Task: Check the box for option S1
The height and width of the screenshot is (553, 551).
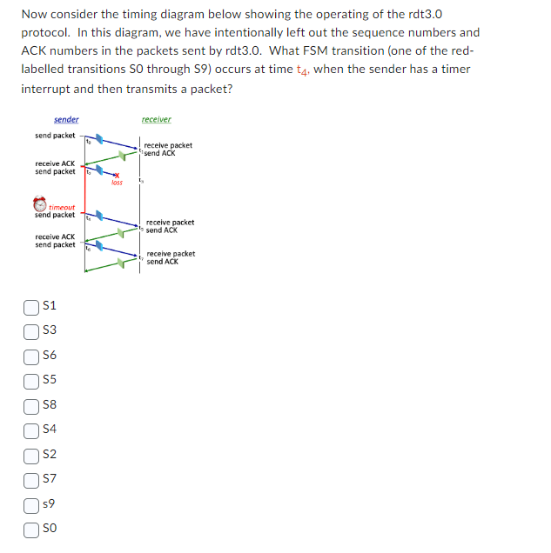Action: pos(31,306)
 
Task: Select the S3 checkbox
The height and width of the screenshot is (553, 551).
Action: pos(31,330)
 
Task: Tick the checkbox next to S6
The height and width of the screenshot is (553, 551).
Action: pos(31,355)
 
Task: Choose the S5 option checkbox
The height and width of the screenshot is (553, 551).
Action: pos(31,379)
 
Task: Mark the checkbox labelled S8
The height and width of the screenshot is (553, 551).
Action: pos(31,404)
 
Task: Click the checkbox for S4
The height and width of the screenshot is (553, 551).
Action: pos(31,429)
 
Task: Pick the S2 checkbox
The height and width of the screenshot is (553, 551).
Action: pos(31,454)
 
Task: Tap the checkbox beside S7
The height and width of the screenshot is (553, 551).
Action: pos(31,478)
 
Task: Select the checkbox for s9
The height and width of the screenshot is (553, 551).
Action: pos(31,503)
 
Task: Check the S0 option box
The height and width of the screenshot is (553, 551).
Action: pos(31,528)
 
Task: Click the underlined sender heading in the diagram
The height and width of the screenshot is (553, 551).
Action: pos(66,119)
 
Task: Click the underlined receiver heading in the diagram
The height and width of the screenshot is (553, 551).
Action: pos(156,119)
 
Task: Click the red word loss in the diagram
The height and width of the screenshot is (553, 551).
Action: pos(117,183)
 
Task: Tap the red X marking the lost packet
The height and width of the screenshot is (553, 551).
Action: pos(115,176)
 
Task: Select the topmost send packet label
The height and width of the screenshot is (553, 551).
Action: pos(55,136)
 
